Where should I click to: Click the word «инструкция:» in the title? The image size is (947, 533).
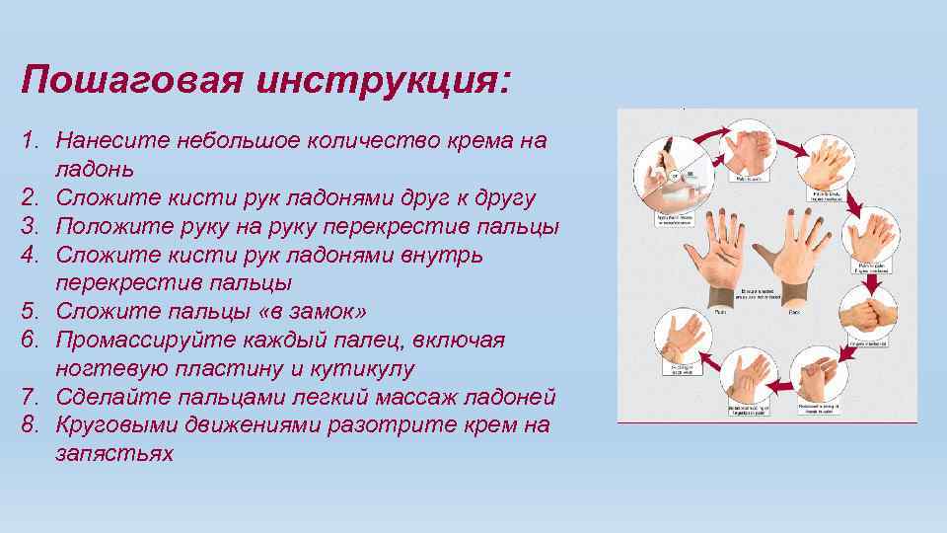(x=383, y=80)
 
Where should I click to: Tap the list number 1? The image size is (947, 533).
(x=31, y=141)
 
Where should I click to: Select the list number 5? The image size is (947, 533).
(x=31, y=312)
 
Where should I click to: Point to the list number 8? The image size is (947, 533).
(x=31, y=425)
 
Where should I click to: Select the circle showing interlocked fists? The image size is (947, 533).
(x=868, y=315)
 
